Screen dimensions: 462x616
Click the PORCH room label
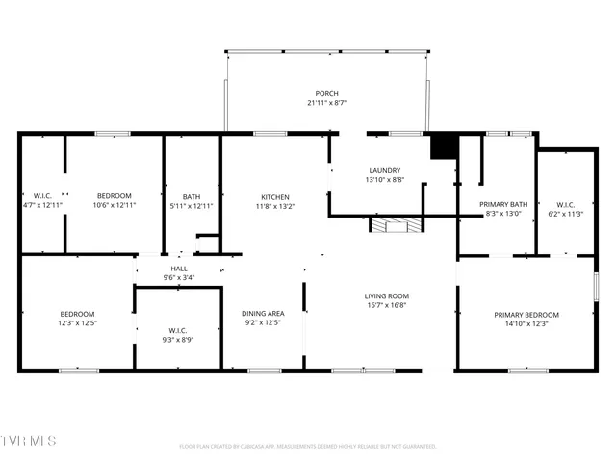[x=326, y=93]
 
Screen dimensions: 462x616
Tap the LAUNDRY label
[x=384, y=170]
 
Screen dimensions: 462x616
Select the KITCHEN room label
[x=274, y=196]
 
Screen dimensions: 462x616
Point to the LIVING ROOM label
[x=386, y=295]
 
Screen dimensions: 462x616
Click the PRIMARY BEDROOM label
[x=526, y=315]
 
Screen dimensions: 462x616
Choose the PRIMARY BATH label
[x=504, y=204]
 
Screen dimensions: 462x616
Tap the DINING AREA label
[x=263, y=313]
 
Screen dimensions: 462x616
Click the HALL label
[x=179, y=269]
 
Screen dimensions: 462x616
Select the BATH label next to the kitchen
[x=191, y=196]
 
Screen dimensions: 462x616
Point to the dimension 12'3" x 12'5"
[x=77, y=323]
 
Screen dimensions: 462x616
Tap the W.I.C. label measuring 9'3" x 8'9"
[x=178, y=331]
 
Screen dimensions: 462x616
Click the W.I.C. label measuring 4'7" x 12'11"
[x=42, y=196]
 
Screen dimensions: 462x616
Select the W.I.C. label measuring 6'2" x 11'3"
[x=565, y=204]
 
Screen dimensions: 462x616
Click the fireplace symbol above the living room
[x=397, y=225]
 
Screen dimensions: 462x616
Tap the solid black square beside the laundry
[x=443, y=145]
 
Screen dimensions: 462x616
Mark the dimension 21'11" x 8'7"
[x=326, y=103]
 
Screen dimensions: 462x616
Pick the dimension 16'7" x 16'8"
[x=386, y=305]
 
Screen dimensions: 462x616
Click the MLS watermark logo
[x=29, y=441]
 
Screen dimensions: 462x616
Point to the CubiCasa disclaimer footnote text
[x=308, y=447]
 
